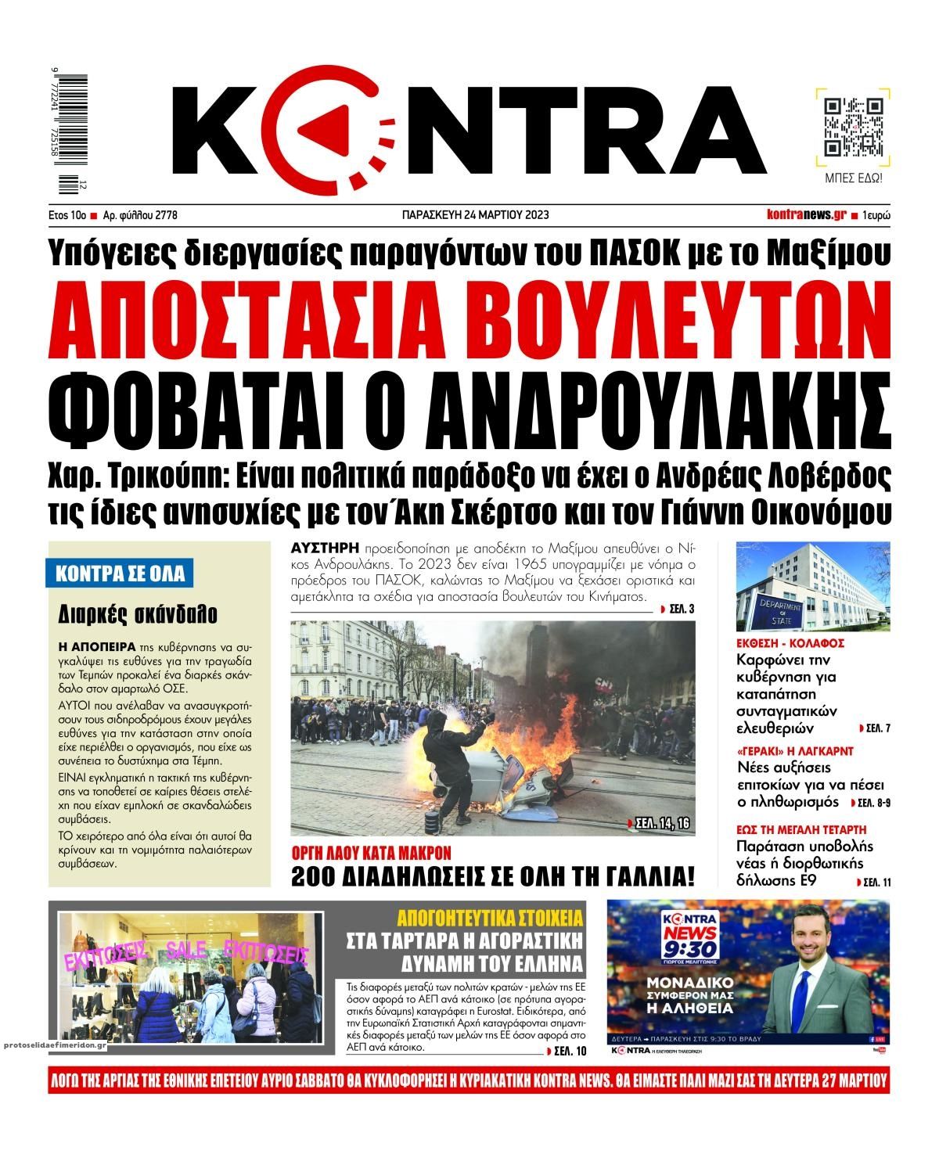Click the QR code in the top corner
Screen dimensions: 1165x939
854,128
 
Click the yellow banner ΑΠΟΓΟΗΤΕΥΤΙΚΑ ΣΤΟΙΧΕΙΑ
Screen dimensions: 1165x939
491,917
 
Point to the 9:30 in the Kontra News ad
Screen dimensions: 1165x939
689,947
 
